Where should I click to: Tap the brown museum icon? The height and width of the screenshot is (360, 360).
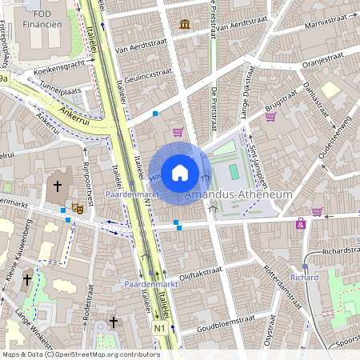[186, 24]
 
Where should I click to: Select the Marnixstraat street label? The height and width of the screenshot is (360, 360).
[326, 26]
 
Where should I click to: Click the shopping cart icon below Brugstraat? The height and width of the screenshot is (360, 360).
[270, 116]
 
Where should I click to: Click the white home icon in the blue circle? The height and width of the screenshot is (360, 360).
[180, 172]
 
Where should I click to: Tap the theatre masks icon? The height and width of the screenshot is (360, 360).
[78, 208]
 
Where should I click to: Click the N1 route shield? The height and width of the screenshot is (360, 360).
[160, 328]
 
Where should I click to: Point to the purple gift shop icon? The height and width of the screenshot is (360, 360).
[300, 223]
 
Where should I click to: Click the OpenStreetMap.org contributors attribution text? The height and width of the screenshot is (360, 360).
[104, 354]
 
